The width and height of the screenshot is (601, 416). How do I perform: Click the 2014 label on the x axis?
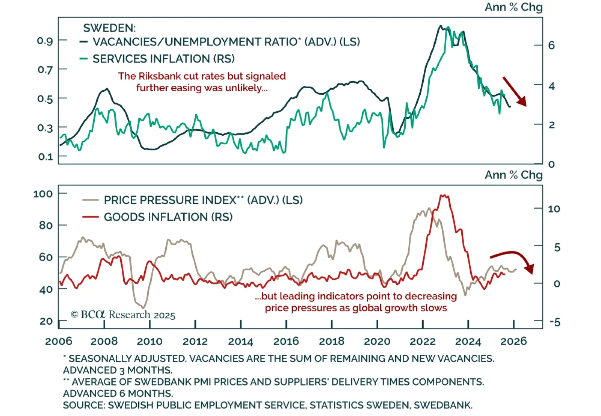(240, 341)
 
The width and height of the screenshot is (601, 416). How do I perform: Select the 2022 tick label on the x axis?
(423, 341)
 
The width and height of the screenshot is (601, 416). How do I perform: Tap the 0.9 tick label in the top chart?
(45, 41)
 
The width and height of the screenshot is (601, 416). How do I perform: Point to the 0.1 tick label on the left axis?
(45, 156)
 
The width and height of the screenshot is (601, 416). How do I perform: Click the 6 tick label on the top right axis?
(551, 45)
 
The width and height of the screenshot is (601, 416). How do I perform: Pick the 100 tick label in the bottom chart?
(43, 194)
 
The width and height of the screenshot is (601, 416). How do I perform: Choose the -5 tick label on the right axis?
(554, 322)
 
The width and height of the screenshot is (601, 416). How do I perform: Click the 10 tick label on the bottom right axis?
(554, 209)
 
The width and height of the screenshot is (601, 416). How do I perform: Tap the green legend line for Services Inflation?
(83, 59)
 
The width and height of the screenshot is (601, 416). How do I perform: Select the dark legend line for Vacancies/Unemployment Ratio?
(83, 42)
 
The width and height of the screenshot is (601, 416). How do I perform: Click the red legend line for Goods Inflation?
(90, 217)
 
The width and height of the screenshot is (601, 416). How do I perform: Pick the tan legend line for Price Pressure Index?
(90, 200)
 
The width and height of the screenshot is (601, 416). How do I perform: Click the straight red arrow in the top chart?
(515, 91)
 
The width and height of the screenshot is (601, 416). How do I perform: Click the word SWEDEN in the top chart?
(109, 28)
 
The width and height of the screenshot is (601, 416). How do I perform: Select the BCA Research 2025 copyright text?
(123, 315)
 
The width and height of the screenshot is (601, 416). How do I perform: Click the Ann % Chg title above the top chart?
(513, 7)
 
